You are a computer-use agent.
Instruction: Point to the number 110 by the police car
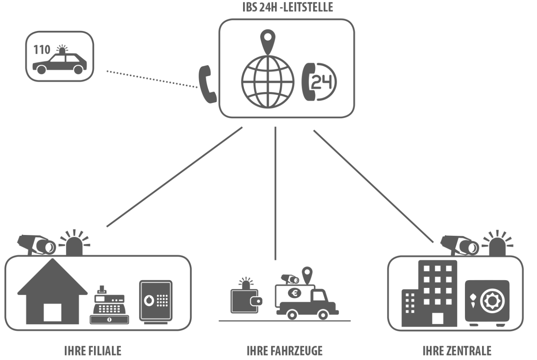pos(42,50)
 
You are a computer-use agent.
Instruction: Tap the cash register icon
pos(109,305)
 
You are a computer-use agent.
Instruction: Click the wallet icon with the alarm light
pos(245,299)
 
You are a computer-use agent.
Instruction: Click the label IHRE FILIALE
pos(93,351)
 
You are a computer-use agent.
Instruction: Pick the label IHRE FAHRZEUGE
pos(285,351)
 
